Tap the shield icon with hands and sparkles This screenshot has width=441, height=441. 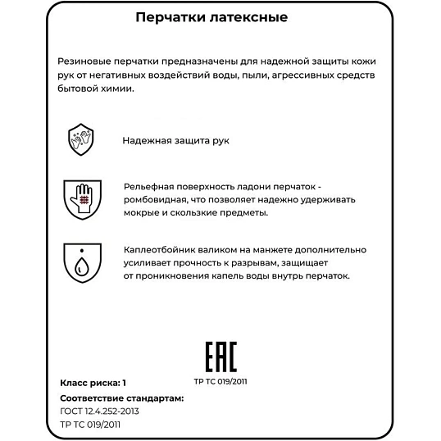pos(81,139)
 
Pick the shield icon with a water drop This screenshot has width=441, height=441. pos(81,261)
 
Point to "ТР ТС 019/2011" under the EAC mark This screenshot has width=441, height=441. pos(220,381)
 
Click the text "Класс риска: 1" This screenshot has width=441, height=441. pos(93,382)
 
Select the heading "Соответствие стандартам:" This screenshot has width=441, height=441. pos(121,398)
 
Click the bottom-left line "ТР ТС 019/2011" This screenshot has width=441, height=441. pos(93,425)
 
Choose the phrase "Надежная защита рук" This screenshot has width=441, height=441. pos(175,140)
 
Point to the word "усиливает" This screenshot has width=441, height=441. pos(147,262)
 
